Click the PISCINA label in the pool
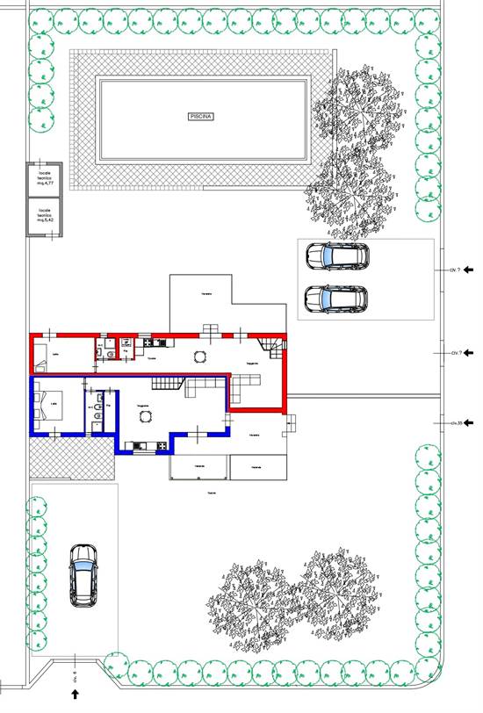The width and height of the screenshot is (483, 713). [202, 116]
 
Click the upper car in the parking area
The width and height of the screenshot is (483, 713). [336, 256]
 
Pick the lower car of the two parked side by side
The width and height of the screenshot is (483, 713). [336, 299]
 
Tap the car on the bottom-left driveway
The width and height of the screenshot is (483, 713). [84, 575]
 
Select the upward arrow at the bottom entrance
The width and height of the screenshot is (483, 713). [76, 694]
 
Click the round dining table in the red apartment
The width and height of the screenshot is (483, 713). [201, 357]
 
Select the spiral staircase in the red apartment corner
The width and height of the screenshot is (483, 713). [276, 353]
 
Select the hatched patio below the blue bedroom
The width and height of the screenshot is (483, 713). [70, 457]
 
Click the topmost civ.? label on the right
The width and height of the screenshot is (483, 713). [456, 270]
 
